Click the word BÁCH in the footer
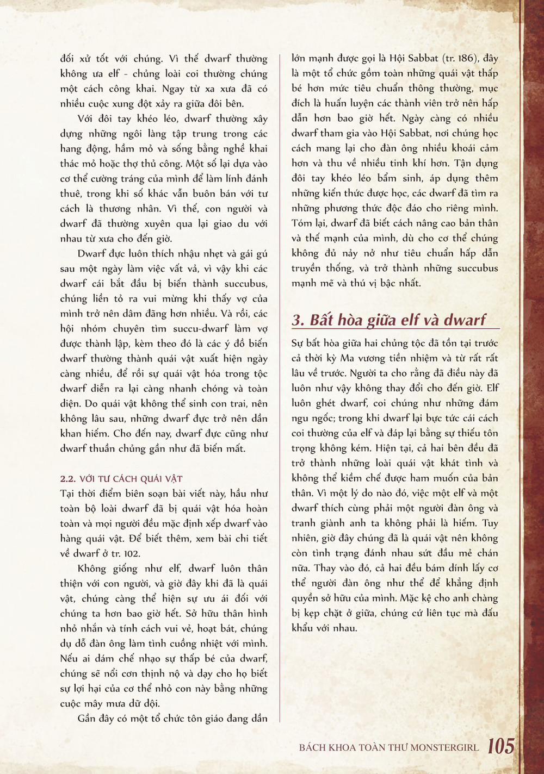(x=312, y=747)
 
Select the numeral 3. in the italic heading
(x=298, y=320)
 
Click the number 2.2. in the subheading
(x=67, y=479)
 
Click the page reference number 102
(x=131, y=553)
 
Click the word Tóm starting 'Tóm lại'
(x=301, y=223)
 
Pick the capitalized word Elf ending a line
(x=492, y=388)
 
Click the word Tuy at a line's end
(x=490, y=523)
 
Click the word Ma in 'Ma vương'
(x=347, y=358)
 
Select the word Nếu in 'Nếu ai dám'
(x=69, y=658)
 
